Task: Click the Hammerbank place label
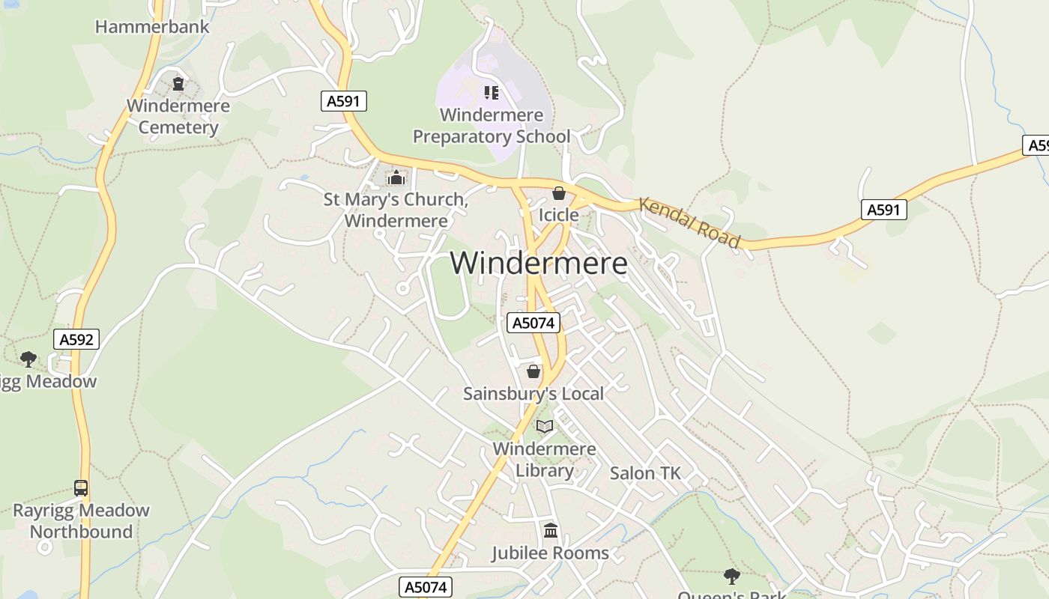point(152,27)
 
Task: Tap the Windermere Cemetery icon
point(178,83)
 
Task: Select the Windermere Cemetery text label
point(178,117)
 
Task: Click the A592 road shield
point(76,340)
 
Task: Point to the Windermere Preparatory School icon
point(492,93)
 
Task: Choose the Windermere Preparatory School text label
point(492,126)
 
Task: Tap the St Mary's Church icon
point(396,178)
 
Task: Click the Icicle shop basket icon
point(558,194)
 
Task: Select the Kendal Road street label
point(689,222)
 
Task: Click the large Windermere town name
point(539,264)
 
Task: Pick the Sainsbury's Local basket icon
point(533,371)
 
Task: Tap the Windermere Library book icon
point(545,427)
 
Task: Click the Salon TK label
point(645,473)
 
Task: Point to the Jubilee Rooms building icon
point(551,531)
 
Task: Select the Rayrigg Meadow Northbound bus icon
point(81,488)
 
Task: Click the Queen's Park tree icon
point(732,576)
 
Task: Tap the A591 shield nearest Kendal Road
point(883,210)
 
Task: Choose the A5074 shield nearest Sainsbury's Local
point(533,323)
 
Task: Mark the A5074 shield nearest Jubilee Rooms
point(426,587)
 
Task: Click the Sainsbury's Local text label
point(533,394)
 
